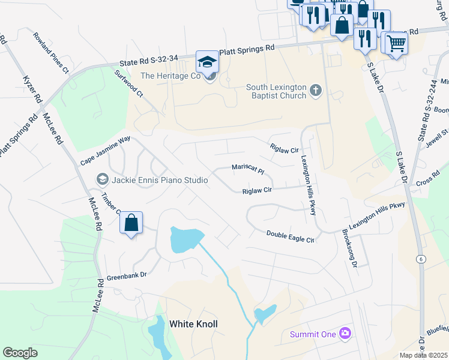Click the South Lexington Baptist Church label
coord(276,91)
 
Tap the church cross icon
coord(316,91)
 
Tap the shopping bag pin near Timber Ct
coord(131,224)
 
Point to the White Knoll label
coord(193,324)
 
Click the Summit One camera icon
coord(345,333)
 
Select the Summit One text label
coord(313,334)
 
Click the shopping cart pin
coord(396,43)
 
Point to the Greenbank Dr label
coord(127,277)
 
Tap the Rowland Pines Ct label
coord(51,53)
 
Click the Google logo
coord(20,353)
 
